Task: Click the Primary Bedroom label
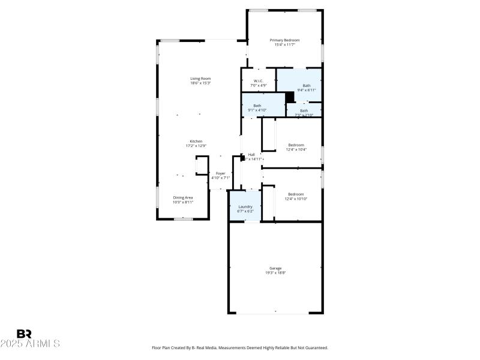coord(284,40)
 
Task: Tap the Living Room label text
coord(200,78)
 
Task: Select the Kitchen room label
coord(196,141)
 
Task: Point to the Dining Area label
coord(183,197)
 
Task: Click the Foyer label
coord(220,173)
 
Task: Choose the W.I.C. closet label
coord(259,80)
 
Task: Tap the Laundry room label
coord(245,206)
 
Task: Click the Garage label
coord(275,268)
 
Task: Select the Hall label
coord(251,154)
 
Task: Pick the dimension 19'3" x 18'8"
coord(275,273)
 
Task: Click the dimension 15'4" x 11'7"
coord(284,44)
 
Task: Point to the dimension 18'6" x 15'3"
coord(200,83)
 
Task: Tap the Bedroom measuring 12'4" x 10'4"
coord(296,145)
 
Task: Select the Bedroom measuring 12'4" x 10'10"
coord(296,194)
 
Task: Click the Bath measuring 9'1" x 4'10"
coord(257,106)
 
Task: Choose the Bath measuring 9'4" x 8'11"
coord(307,85)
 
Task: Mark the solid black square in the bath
coord(290,96)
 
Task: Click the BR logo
coord(24,334)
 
